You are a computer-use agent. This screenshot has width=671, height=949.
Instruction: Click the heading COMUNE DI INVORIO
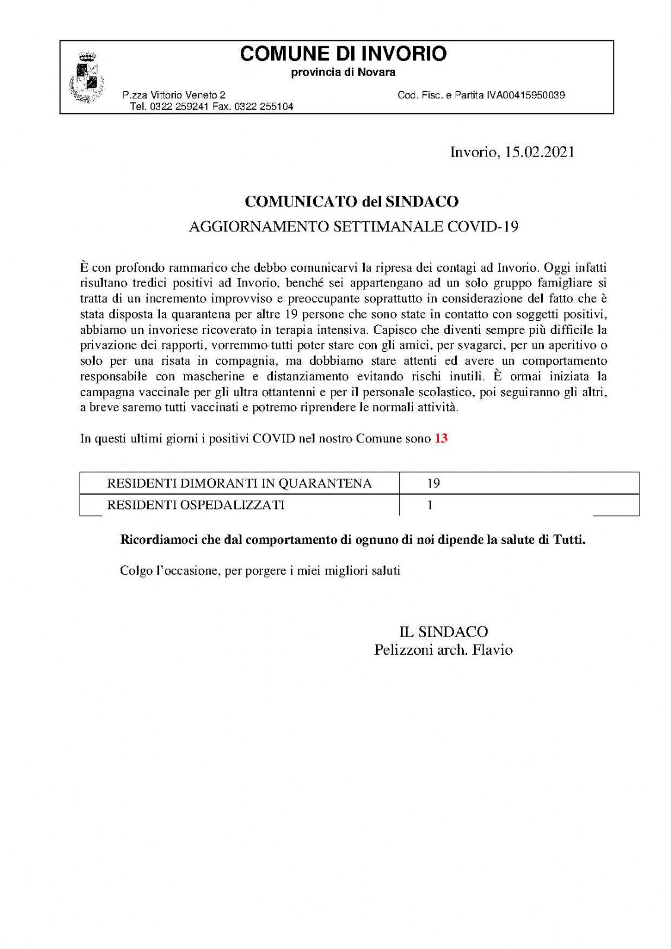[x=343, y=54]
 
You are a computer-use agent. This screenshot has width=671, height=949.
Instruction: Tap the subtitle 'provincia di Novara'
[x=343, y=72]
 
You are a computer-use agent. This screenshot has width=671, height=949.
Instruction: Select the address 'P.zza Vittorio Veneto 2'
[x=174, y=95]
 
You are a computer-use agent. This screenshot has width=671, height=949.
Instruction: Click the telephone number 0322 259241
[x=179, y=107]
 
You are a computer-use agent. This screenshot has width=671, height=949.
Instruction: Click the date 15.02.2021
[x=539, y=152]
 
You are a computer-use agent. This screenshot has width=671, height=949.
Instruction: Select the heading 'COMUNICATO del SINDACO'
[x=352, y=202]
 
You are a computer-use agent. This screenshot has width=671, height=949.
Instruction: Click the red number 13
[x=441, y=439]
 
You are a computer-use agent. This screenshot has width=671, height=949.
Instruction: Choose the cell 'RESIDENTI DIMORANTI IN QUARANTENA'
[x=239, y=483]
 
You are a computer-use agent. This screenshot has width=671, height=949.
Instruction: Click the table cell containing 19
[x=434, y=483]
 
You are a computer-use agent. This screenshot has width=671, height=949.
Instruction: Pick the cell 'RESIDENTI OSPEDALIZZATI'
[x=195, y=505]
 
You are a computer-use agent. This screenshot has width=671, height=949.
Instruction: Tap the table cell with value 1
[x=430, y=505]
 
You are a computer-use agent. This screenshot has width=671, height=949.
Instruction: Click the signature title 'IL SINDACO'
[x=444, y=632]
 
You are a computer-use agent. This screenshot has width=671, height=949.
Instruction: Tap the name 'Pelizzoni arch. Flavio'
[x=443, y=650]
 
